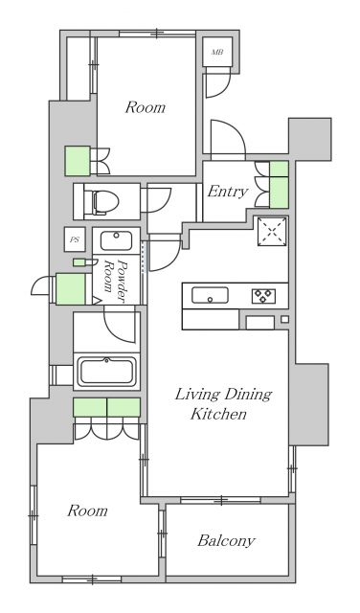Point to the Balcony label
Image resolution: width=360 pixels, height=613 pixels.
coord(226,541)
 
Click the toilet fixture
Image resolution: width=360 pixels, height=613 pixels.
coord(101,202)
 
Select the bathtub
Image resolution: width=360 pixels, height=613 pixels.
coord(107,370)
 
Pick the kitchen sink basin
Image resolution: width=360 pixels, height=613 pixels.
coord(209,295)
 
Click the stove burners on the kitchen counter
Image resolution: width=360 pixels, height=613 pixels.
coord(262,295)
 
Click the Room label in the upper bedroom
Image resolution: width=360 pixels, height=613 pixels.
coord(145,107)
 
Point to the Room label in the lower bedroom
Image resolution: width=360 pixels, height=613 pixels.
coord(86,511)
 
